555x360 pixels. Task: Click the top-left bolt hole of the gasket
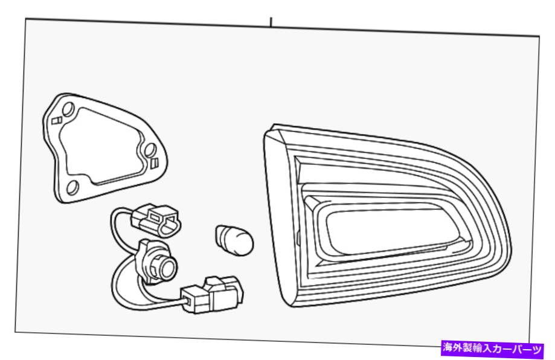(68, 108)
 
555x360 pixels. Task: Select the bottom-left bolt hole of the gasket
(73, 187)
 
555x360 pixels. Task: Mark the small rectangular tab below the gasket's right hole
(154, 163)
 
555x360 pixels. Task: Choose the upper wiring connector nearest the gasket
(156, 220)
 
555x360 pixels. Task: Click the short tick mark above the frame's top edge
(271, 22)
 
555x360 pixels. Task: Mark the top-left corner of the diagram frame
(25, 19)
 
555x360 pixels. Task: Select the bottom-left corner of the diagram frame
(15, 332)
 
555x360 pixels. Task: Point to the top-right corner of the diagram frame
(539, 36)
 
